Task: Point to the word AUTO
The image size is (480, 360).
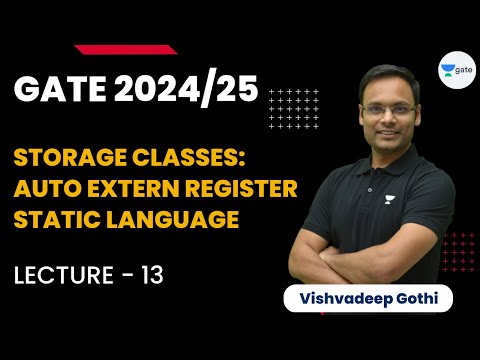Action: pyautogui.click(x=46, y=189)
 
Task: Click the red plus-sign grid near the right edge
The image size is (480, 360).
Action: pyautogui.click(x=459, y=251)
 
